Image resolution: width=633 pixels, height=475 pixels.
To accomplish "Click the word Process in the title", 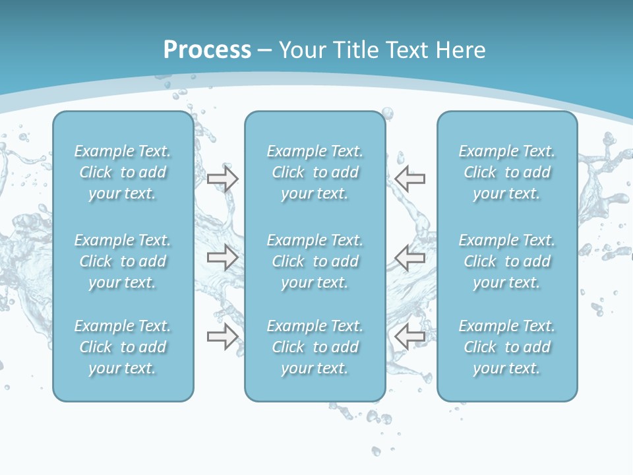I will pyautogui.click(x=207, y=49).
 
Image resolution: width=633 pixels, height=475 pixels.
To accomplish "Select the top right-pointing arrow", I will pyautogui.click(x=222, y=179).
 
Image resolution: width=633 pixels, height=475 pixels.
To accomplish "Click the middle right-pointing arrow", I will pyautogui.click(x=222, y=257).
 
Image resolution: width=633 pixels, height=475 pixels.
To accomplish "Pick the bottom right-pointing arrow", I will pyautogui.click(x=222, y=336).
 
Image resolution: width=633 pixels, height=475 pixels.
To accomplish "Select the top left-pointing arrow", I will pyautogui.click(x=410, y=179).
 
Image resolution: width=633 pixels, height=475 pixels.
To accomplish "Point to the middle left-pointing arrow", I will pyautogui.click(x=410, y=257).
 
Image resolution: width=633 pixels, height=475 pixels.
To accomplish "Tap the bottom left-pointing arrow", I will pyautogui.click(x=410, y=336).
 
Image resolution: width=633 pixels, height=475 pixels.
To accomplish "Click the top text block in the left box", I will pyautogui.click(x=123, y=172).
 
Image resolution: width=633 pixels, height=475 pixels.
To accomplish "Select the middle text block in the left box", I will pyautogui.click(x=123, y=261).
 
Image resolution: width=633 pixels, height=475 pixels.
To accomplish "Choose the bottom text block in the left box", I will pyautogui.click(x=123, y=347).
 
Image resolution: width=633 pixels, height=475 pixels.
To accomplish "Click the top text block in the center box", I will pyautogui.click(x=315, y=172).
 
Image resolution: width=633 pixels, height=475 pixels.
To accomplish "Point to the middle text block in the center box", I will pyautogui.click(x=315, y=261).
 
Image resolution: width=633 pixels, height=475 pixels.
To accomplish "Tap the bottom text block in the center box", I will pyautogui.click(x=315, y=347).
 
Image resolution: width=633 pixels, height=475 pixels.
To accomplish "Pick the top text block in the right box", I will pyautogui.click(x=507, y=172).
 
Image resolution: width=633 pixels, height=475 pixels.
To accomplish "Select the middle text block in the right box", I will pyautogui.click(x=507, y=261).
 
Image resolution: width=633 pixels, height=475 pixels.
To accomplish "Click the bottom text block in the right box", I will pyautogui.click(x=507, y=347).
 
